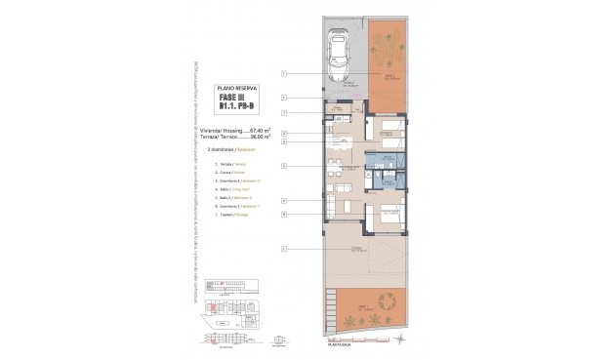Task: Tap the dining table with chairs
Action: pyautogui.click(x=342, y=186)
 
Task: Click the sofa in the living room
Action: pyautogui.click(x=330, y=205)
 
